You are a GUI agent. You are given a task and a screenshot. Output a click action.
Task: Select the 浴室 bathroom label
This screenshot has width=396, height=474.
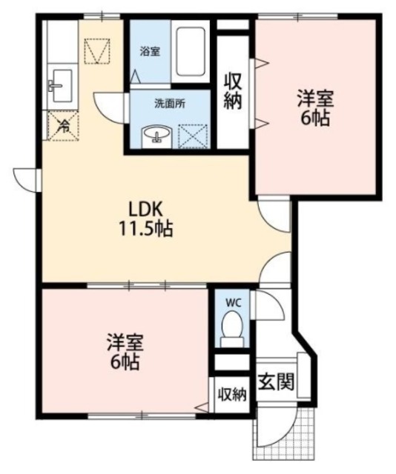pyautogui.click(x=151, y=52)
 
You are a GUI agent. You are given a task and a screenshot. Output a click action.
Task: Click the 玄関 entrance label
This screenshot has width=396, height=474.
pyautogui.click(x=275, y=382)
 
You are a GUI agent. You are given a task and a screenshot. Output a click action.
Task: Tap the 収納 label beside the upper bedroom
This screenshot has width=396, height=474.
pyautogui.click(x=234, y=90)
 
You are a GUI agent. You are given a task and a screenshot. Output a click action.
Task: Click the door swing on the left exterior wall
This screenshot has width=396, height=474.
pyautogui.click(x=27, y=178)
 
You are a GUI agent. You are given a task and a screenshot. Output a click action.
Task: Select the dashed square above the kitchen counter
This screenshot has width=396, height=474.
pyautogui.click(x=97, y=52)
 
